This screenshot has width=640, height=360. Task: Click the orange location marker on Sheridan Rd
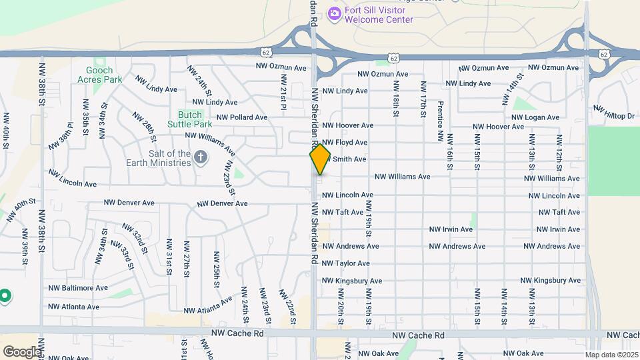(320, 159)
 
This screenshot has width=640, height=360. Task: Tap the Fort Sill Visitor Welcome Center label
(379, 15)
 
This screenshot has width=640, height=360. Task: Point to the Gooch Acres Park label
(104, 75)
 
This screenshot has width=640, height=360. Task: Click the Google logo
(21, 351)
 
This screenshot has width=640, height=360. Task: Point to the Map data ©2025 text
(611, 355)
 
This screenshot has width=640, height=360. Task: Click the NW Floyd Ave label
(345, 143)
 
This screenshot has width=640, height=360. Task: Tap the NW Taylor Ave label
(346, 263)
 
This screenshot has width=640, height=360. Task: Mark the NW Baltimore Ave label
(78, 288)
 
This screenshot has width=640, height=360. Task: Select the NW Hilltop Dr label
(614, 113)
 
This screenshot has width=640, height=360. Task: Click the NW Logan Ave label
(536, 117)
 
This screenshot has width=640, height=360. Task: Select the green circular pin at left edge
(5, 295)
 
